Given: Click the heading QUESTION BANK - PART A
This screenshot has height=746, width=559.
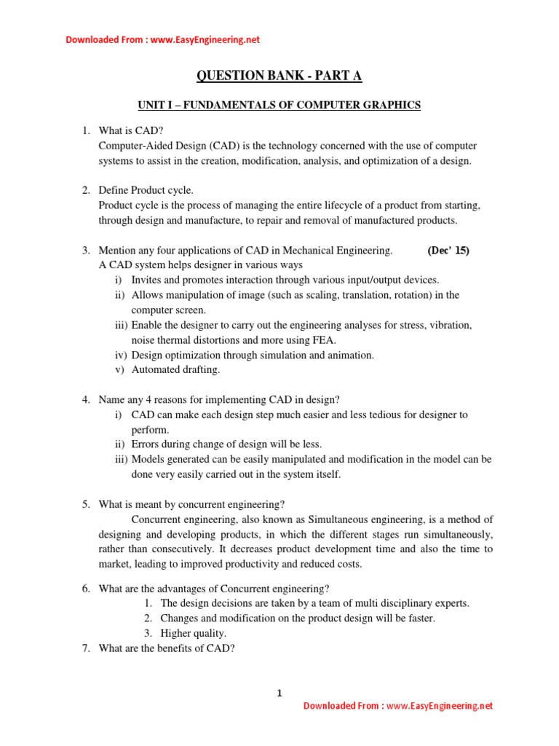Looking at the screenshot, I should pyautogui.click(x=279, y=75).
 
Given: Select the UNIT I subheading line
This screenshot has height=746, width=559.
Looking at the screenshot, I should pyautogui.click(x=279, y=106).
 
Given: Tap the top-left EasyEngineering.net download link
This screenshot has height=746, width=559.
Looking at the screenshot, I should pyautogui.click(x=162, y=40).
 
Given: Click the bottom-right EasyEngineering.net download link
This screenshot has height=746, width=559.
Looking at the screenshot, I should pyautogui.click(x=398, y=706).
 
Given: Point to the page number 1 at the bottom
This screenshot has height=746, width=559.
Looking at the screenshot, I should pyautogui.click(x=279, y=693).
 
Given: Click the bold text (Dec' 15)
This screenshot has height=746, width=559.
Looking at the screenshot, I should pyautogui.click(x=448, y=251).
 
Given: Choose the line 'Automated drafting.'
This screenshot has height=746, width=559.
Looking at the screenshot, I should pyautogui.click(x=175, y=369).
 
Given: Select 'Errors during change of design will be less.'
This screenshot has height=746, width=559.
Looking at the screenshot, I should pyautogui.click(x=226, y=444).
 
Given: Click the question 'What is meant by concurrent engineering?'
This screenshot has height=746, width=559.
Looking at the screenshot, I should pyautogui.click(x=191, y=504).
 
